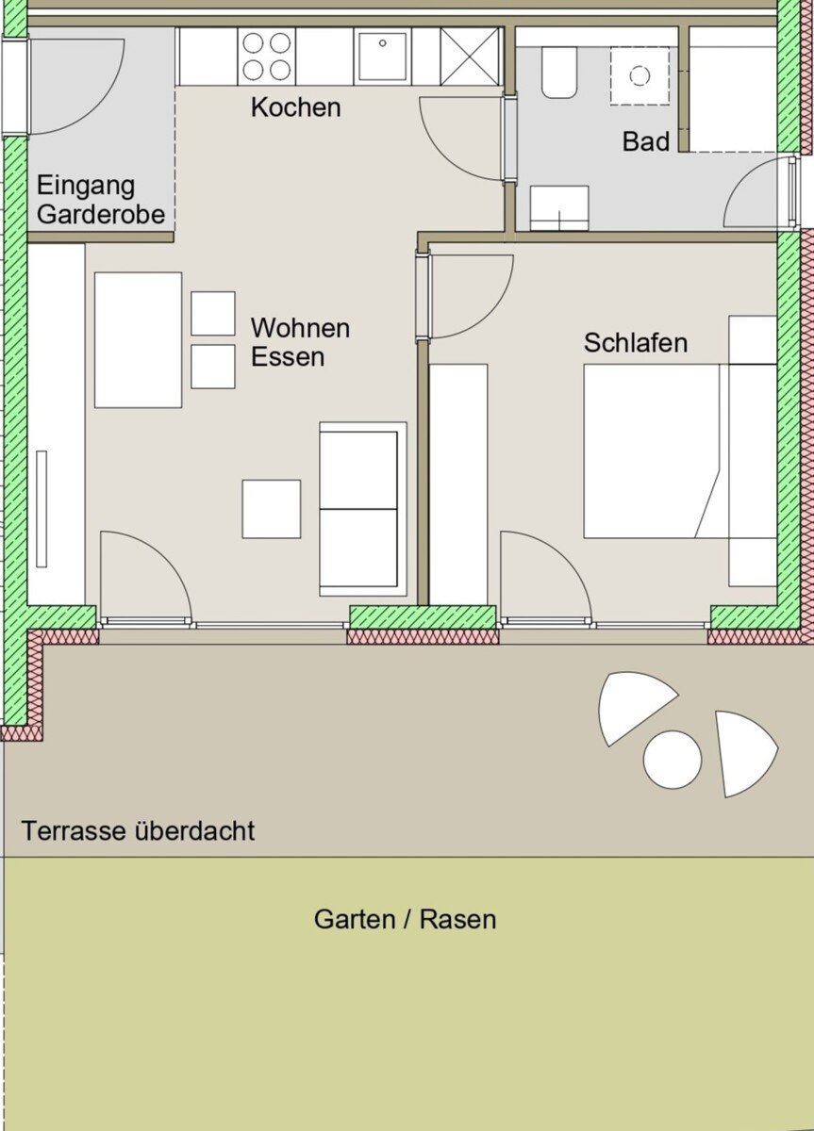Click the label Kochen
click(x=295, y=107)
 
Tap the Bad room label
click(x=646, y=141)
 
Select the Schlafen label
click(x=636, y=343)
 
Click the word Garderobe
click(x=101, y=215)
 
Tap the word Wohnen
click(x=300, y=328)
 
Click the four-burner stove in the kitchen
click(x=266, y=56)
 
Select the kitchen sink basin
click(x=383, y=56)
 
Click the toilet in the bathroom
click(x=559, y=73)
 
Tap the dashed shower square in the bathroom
click(x=640, y=75)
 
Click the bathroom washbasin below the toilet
click(x=559, y=208)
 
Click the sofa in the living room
click(x=363, y=509)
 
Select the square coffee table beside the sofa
click(x=272, y=508)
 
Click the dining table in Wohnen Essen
click(x=138, y=340)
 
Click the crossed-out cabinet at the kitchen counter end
click(x=470, y=56)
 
